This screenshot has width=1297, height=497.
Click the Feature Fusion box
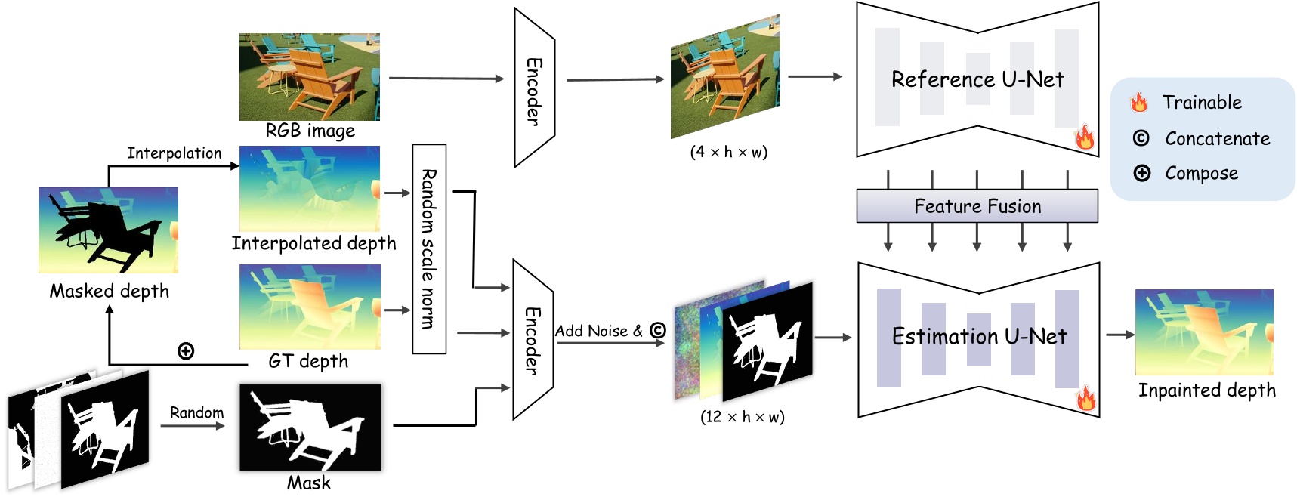pyautogui.click(x=977, y=206)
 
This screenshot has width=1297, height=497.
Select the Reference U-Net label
pyautogui.click(x=977, y=79)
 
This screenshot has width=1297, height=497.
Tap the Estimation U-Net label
pyautogui.click(x=979, y=336)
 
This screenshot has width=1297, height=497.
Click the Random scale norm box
pyautogui.click(x=429, y=249)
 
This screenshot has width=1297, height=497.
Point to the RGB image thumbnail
pyautogui.click(x=309, y=76)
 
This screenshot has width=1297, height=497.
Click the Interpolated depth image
pyautogui.click(x=309, y=189)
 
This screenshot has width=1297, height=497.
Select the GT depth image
pyautogui.click(x=309, y=306)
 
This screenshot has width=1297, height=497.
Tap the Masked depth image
pyautogui.click(x=108, y=230)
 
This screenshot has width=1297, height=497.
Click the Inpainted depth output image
pyautogui.click(x=1204, y=332)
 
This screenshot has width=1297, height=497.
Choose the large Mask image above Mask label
pyautogui.click(x=310, y=428)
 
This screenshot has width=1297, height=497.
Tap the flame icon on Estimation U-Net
pyautogui.click(x=1085, y=397)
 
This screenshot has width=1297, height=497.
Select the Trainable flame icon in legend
pyautogui.click(x=1139, y=102)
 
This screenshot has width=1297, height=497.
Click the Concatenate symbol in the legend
pyautogui.click(x=1141, y=138)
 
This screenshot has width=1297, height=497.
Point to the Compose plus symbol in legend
pyautogui.click(x=1141, y=173)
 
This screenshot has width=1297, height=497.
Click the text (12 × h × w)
pyautogui.click(x=742, y=417)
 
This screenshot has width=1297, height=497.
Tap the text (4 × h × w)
pyautogui.click(x=728, y=152)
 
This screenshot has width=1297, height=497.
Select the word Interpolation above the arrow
pyautogui.click(x=174, y=153)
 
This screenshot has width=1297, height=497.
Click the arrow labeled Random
pyautogui.click(x=194, y=426)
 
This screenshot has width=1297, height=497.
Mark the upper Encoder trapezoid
pyautogui.click(x=533, y=89)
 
